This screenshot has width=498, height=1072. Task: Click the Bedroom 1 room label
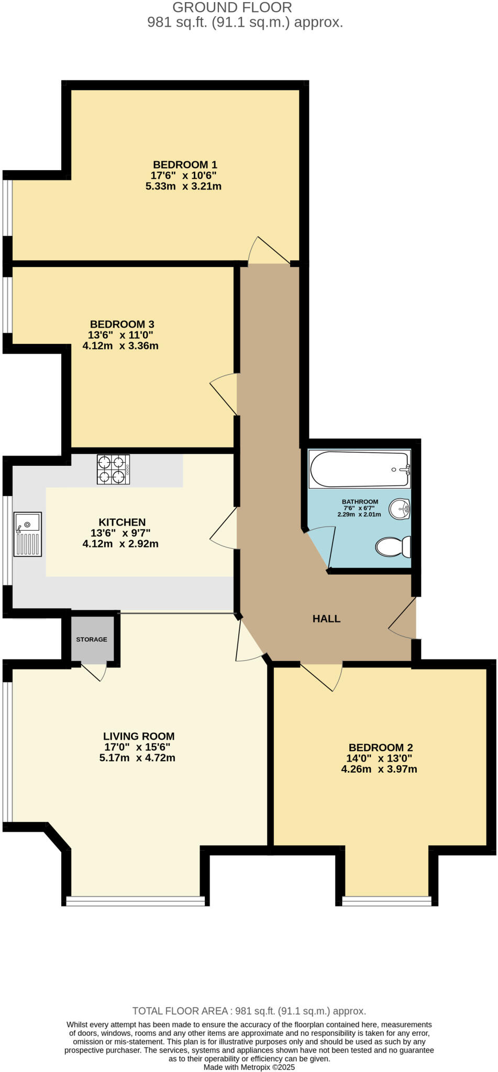click(x=185, y=165)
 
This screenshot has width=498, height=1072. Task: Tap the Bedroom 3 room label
click(x=122, y=325)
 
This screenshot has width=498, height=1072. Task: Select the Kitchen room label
click(x=122, y=522)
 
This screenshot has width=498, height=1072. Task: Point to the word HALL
click(x=326, y=619)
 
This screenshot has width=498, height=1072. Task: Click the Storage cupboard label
click(x=92, y=640)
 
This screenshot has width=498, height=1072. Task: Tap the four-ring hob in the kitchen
click(x=113, y=470)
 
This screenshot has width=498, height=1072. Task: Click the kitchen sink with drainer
click(x=28, y=534)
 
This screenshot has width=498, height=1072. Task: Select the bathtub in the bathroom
click(x=359, y=470)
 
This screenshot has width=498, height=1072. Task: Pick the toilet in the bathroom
click(x=393, y=546)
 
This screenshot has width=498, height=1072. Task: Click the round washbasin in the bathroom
click(x=400, y=508)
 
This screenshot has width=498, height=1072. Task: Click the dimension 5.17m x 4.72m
click(x=137, y=757)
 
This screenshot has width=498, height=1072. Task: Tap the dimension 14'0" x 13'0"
click(x=379, y=758)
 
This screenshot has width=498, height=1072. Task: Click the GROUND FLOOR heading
click(x=232, y=8)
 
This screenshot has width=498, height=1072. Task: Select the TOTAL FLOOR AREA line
click(x=249, y=1011)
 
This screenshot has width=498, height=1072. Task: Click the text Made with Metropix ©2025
click(x=249, y=1067)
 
